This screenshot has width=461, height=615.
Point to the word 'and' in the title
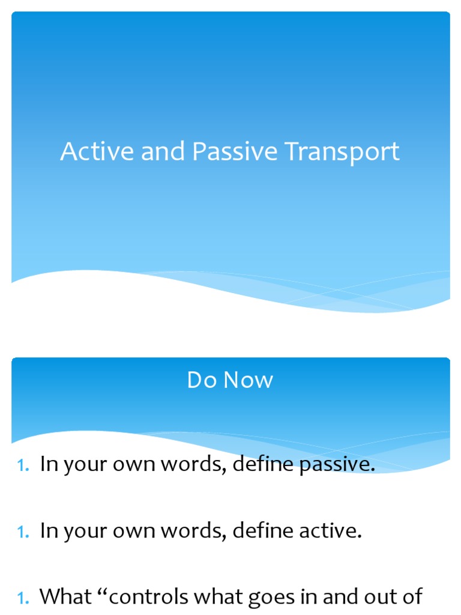(x=164, y=152)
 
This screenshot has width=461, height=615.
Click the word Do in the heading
(x=201, y=380)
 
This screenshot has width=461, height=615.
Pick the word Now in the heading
(x=248, y=380)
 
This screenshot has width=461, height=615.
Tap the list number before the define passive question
(x=23, y=465)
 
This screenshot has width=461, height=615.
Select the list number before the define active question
(x=23, y=532)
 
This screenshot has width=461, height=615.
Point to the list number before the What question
(x=23, y=598)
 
